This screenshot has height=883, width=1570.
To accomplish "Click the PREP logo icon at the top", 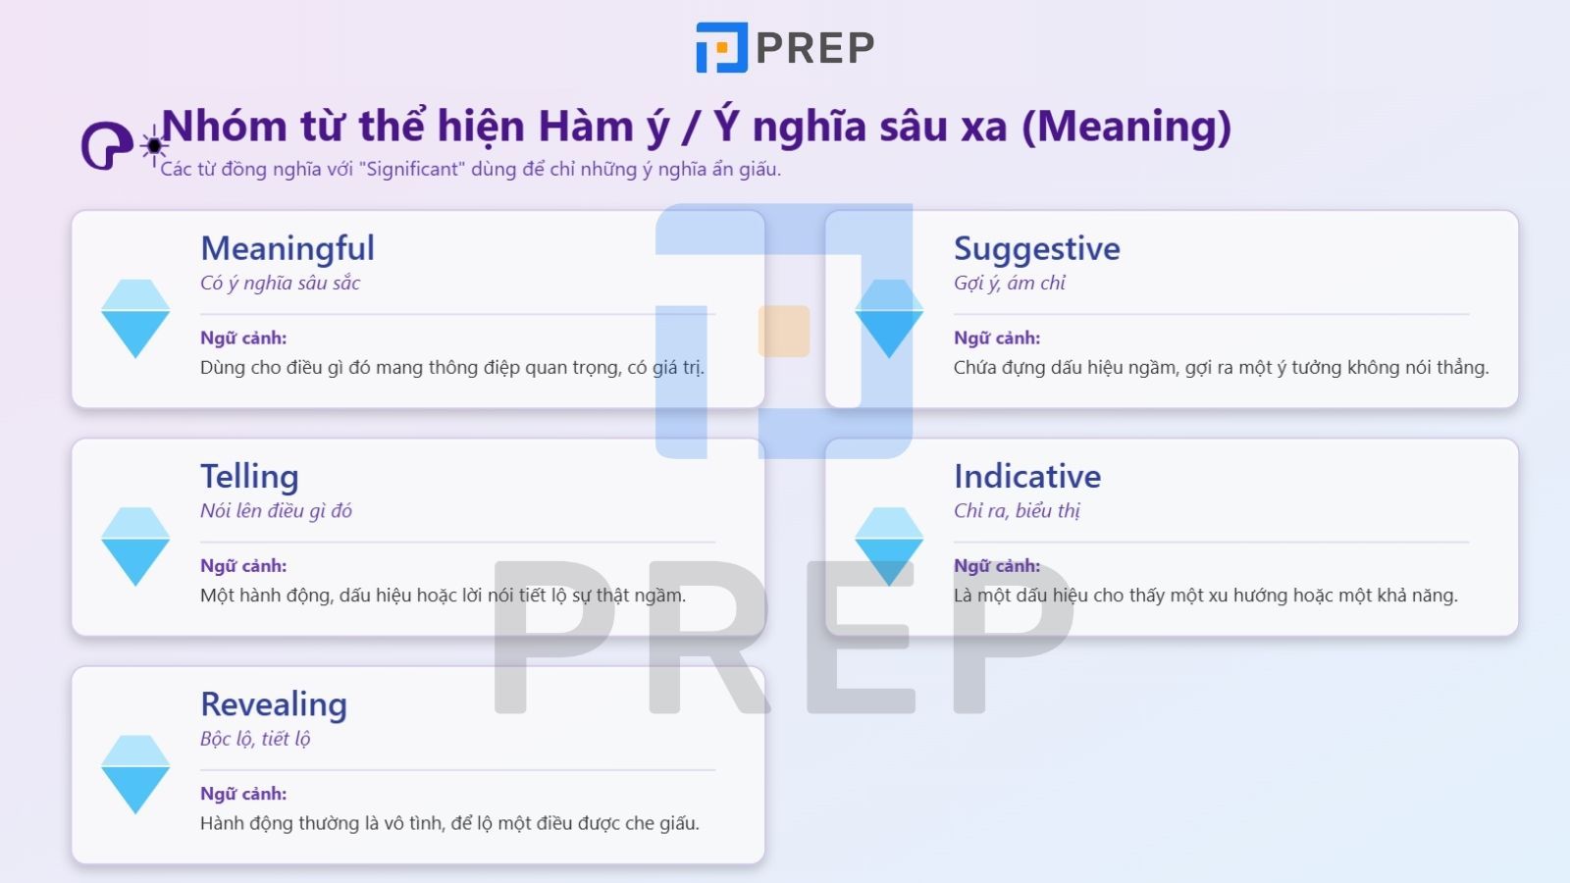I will tap(721, 48).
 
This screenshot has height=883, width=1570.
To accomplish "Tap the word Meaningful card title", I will tap(288, 248).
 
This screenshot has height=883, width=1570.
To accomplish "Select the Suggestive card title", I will tap(1036, 249).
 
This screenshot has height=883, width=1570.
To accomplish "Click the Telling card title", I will tap(249, 477).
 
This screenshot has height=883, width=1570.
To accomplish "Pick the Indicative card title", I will tap(1027, 477).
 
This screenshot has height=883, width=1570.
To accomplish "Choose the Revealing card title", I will tap(274, 704).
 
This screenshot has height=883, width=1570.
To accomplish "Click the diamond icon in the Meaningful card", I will tap(135, 319).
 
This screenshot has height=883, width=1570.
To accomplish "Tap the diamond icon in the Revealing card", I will tap(135, 774).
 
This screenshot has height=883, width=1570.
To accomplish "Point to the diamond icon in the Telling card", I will tap(135, 546).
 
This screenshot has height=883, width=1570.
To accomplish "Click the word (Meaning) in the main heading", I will tap(1126, 127).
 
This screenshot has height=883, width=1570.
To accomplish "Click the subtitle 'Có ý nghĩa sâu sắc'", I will tap(281, 284).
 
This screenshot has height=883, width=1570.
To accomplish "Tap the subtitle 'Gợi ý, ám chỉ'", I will tap(1010, 284).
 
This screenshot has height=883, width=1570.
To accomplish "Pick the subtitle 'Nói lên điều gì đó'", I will tap(276, 511).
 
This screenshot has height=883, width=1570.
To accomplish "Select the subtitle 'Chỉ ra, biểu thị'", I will tap(1017, 511).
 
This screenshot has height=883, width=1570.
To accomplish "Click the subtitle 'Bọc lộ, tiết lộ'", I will tap(255, 739).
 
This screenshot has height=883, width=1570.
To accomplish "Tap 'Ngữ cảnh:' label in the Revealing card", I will tap(243, 794).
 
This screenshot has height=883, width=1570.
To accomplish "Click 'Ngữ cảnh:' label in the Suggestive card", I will tap(997, 338).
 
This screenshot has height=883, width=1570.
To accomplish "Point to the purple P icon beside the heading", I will tap(106, 146).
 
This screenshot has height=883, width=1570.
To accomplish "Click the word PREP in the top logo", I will tap(814, 48).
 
